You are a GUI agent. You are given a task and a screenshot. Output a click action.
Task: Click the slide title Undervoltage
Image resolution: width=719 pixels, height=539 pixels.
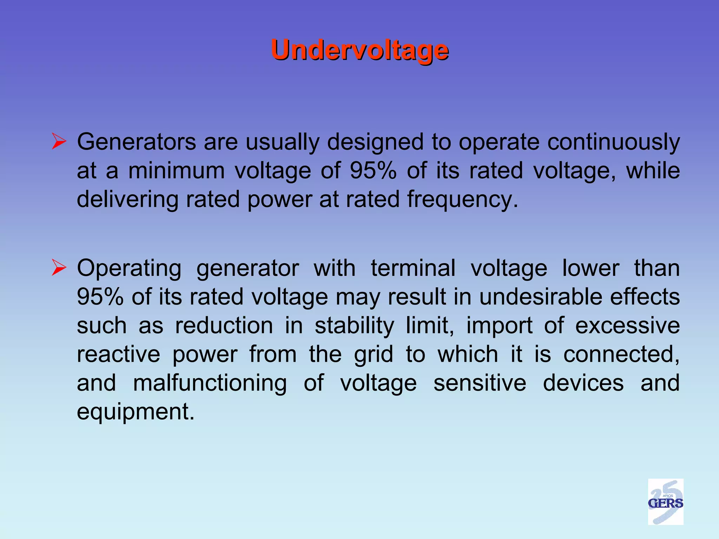coord(359,50)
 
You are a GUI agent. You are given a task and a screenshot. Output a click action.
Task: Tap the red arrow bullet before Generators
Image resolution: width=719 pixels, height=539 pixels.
coord(59,141)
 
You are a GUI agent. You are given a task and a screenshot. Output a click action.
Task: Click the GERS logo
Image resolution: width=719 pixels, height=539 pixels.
coord(665,501)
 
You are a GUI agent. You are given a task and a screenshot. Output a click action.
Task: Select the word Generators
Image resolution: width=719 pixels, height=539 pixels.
coord(137,142)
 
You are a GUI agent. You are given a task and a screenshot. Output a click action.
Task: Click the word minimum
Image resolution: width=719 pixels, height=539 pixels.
coord(176,171)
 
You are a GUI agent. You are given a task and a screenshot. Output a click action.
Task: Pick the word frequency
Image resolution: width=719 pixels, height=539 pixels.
coord(462,200)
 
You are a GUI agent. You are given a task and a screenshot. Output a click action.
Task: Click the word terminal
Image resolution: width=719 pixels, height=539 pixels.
coord(413,268)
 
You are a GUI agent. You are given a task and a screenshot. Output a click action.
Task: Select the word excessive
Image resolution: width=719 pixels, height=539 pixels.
coord(627,326)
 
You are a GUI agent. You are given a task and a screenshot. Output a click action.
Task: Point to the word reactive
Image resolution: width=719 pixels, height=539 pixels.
coord(118,354)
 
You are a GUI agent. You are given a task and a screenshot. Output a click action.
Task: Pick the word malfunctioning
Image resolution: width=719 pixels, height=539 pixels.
coord(210,383)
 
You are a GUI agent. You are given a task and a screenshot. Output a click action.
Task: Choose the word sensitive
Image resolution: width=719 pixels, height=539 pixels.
coord(480,383)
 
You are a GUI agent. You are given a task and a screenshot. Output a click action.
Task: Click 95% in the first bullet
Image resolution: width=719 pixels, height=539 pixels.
coord(373,171)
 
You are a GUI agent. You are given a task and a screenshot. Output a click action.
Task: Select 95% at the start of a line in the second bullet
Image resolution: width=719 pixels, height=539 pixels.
coord(100,297)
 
